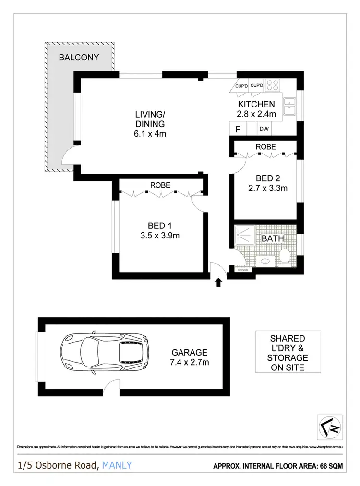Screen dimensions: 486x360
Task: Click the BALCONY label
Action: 79,58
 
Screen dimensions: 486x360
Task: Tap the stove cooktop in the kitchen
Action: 273,85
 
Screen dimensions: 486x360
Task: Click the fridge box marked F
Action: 237,129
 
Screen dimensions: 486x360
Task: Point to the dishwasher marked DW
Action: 264,129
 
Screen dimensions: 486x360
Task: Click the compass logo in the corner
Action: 331,426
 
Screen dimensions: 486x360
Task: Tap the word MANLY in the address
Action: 117,465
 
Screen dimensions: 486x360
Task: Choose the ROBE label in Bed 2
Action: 265,147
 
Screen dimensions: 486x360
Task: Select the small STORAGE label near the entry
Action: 243,270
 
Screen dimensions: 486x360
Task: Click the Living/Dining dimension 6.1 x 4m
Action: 150,134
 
